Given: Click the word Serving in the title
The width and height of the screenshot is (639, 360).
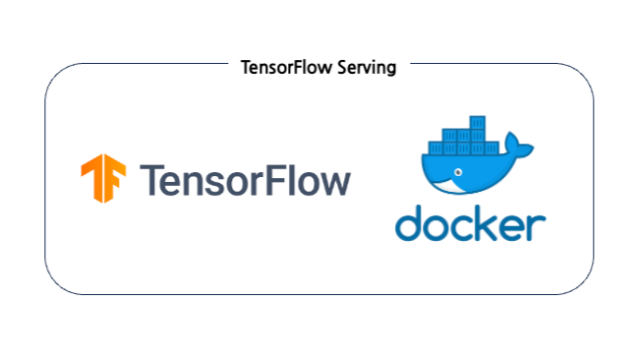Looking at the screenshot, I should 369,69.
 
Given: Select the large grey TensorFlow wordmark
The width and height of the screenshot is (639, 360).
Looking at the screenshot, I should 246,180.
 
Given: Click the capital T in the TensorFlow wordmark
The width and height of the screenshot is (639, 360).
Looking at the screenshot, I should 152,180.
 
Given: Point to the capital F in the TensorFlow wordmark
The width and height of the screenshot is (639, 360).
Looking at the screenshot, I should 276,180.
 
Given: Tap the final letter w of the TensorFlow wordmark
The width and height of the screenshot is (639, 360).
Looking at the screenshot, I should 334,183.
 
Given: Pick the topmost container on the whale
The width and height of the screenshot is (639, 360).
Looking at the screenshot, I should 476,124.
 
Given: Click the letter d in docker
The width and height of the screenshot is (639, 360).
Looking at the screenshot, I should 411,222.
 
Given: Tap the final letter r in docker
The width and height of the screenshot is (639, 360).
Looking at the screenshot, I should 537,226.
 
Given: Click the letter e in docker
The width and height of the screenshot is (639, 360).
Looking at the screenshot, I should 518,226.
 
